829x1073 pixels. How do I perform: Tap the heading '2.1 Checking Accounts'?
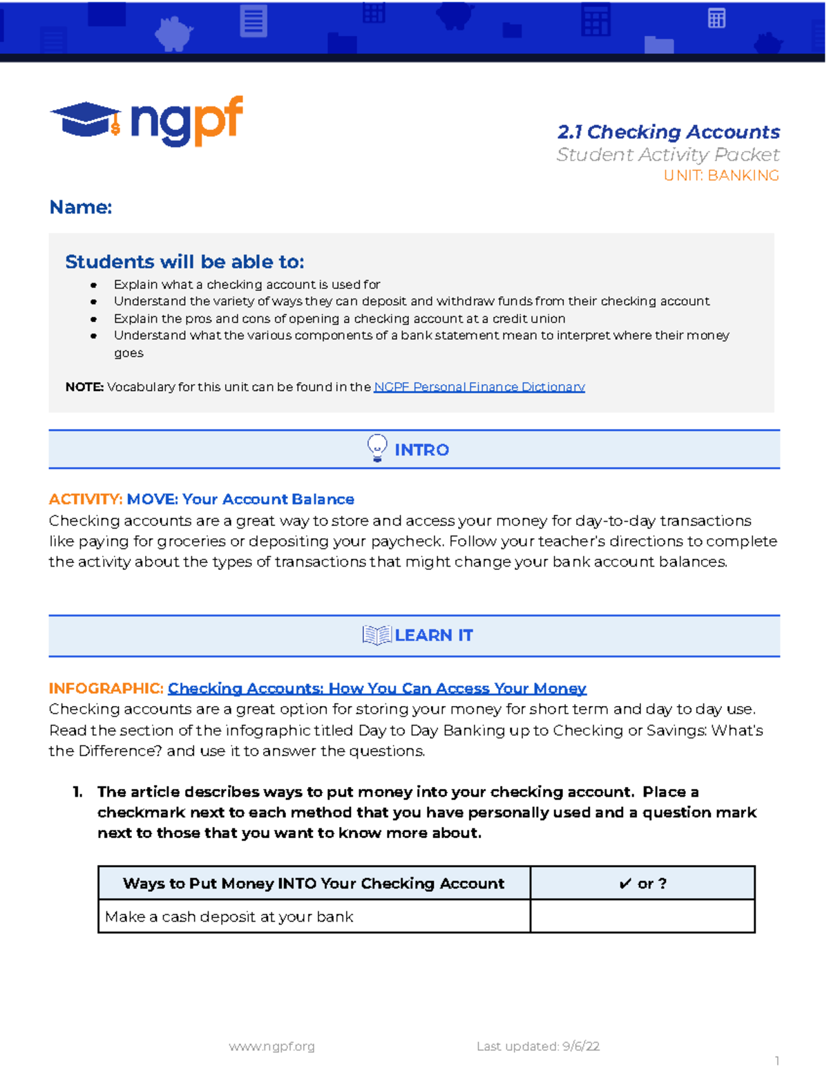pos(668,132)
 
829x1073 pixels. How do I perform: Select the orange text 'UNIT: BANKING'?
pos(721,175)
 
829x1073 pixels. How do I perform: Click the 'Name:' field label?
pos(80,207)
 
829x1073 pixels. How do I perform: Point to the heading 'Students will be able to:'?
pos(184,262)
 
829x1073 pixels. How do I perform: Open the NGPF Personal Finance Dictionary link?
pos(479,387)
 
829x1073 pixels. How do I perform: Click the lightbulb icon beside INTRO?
pos(377,448)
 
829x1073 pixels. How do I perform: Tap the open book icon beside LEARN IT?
pos(377,635)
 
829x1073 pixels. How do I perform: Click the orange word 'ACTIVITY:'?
pos(86,499)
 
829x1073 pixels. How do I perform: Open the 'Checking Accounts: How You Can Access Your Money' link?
pos(377,688)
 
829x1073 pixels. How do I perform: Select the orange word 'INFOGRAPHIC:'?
pos(106,688)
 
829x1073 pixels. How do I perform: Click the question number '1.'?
pos(77,792)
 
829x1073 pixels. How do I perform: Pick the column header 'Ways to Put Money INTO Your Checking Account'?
pos(314,883)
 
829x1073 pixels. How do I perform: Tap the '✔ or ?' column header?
pos(642,883)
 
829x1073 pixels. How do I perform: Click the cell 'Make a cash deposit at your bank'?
pos(229,917)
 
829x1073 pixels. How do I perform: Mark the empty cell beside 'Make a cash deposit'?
pos(642,917)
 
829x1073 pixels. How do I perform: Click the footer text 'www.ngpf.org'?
pos(271,1046)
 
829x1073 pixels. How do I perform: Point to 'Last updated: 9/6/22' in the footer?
pos(537,1046)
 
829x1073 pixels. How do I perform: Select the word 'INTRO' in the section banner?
pos(421,450)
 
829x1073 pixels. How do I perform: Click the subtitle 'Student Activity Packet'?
pos(668,155)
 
